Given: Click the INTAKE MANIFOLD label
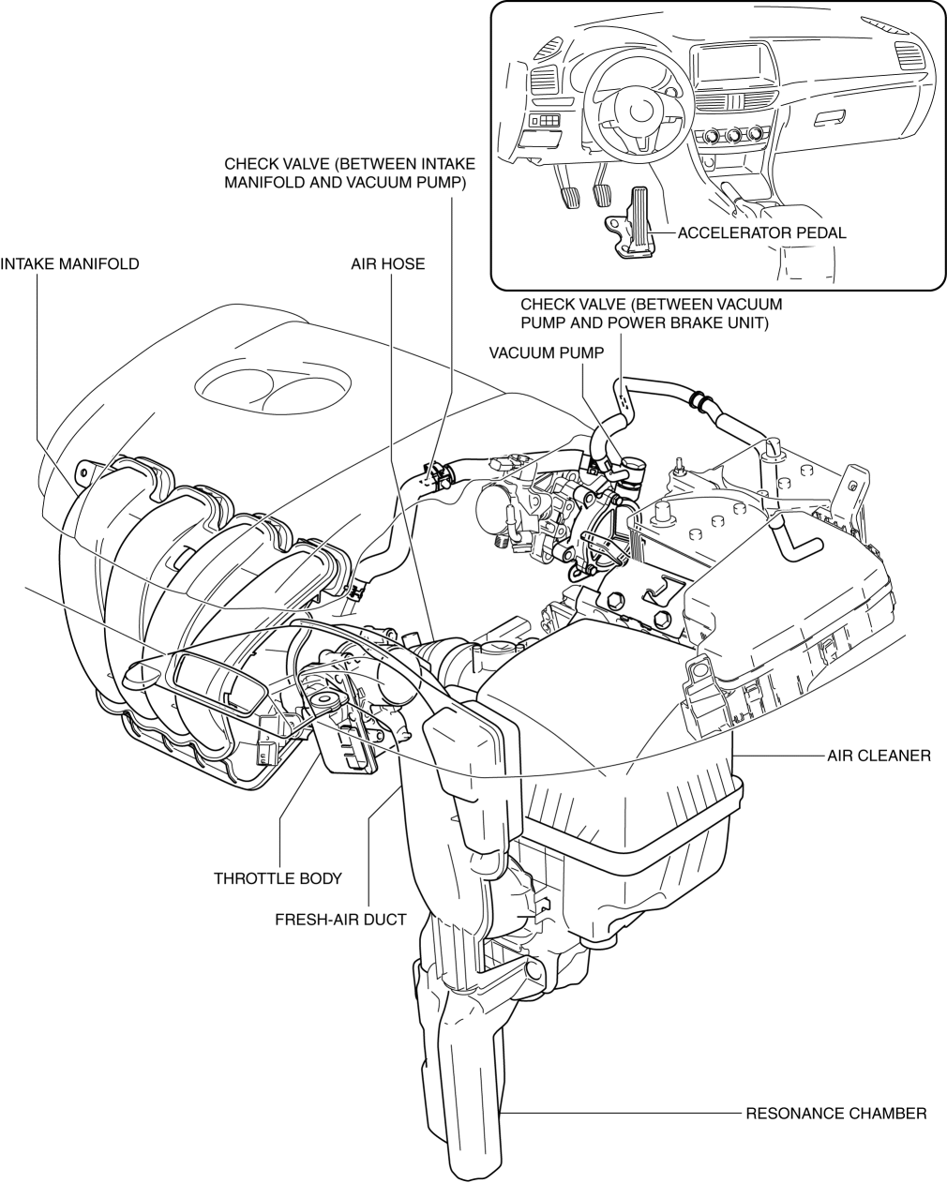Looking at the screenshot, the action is pos(69,263).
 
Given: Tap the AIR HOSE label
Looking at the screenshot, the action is pos(388,263).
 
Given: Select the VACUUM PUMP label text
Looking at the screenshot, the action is pos(547,352).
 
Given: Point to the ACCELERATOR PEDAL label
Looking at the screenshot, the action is pos(761,232).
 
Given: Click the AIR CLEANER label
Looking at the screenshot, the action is pos(879,756).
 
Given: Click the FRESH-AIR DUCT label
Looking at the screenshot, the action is pos(340,920).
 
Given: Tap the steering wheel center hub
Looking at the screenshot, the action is pos(638,112).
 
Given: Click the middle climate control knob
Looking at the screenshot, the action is pos(732,135).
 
